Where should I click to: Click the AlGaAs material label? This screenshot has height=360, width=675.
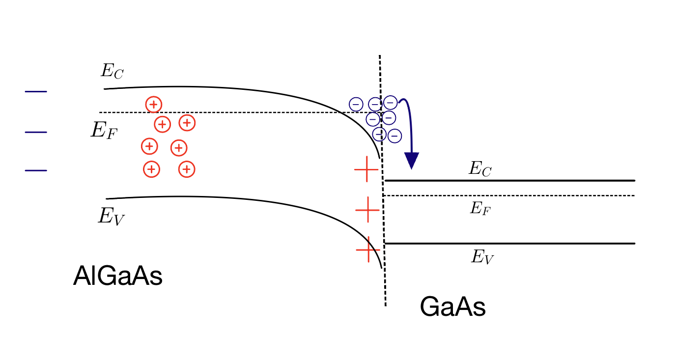point(117,276)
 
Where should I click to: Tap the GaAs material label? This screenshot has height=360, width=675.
point(452,308)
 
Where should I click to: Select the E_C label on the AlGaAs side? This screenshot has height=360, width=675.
point(112,71)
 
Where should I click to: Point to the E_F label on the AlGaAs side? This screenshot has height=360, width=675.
point(104,131)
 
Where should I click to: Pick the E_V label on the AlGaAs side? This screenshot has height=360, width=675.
point(111,216)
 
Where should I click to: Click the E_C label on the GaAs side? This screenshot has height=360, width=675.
point(480,169)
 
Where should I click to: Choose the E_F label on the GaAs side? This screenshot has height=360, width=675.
point(480,209)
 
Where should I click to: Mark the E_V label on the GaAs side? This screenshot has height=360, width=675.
point(482,257)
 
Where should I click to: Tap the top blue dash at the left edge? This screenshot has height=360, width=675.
point(36,92)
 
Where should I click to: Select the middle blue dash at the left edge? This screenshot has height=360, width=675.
point(36,132)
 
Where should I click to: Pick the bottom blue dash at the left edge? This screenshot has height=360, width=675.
point(36,171)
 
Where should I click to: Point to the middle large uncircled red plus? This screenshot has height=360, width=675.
point(367,210)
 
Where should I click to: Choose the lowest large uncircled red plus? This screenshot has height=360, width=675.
point(368,249)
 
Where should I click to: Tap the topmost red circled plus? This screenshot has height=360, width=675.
point(154,104)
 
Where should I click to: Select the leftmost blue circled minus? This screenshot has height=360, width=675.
point(356,104)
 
